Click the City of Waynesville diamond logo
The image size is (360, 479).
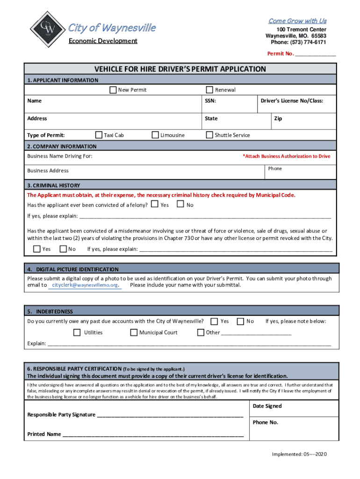[x=45, y=29]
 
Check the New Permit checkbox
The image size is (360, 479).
[x=113, y=90]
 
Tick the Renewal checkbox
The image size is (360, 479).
[x=210, y=90]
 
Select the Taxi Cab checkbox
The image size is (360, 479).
[x=99, y=135]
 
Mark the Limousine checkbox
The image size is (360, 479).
[x=156, y=135]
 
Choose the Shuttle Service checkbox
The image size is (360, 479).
[x=210, y=135]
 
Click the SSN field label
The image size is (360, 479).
[x=210, y=101]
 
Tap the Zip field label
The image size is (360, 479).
[x=278, y=119]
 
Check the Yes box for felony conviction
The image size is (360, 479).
[x=155, y=204]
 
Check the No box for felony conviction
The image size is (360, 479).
[x=180, y=204]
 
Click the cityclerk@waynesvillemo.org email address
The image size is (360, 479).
[x=85, y=285]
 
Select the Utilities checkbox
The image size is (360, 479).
[x=77, y=333]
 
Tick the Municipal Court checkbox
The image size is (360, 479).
[x=134, y=333]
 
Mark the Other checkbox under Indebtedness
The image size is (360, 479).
[x=201, y=333]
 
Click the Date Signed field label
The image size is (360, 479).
[x=267, y=406]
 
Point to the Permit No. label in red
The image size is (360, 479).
[x=281, y=54]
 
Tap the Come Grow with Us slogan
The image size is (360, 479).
[x=297, y=21]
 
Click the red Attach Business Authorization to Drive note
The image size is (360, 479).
[x=286, y=156]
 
